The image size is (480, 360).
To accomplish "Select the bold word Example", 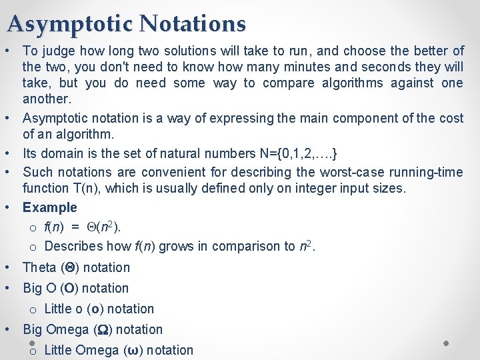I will (50, 207).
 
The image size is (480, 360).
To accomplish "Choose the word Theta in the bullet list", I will (39, 267).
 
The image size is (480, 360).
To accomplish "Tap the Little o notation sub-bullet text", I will (99, 309).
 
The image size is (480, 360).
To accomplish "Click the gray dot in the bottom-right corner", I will (446, 343).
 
